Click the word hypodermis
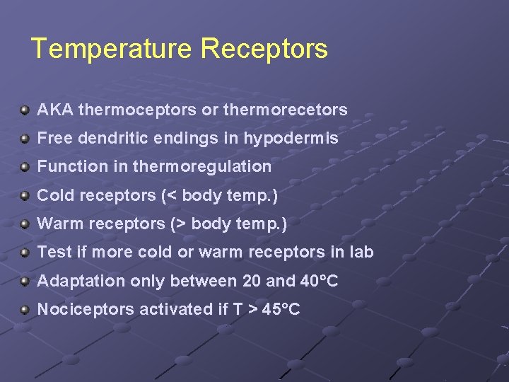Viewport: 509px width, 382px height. (x=291, y=139)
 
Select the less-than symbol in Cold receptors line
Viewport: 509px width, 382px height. (x=169, y=195)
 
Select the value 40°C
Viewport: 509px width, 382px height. (x=320, y=282)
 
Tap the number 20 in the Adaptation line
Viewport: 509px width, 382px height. (x=251, y=282)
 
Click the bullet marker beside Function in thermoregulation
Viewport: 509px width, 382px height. (x=25, y=167)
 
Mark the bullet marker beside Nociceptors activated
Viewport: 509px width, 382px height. (x=25, y=310)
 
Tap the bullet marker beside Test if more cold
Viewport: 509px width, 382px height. (x=25, y=253)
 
